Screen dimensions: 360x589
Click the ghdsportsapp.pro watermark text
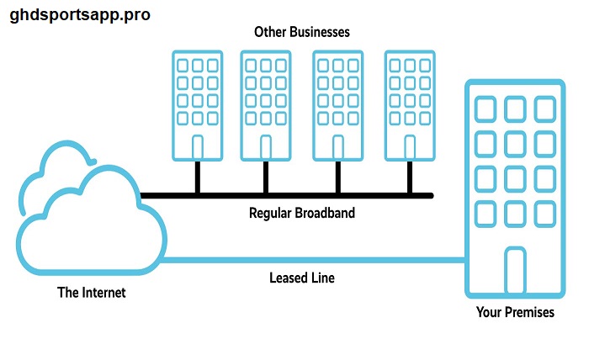(80, 15)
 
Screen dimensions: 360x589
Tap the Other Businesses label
(301, 32)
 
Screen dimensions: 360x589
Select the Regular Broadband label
(301, 213)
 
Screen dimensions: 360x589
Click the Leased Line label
(301, 278)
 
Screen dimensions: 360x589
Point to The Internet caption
(91, 294)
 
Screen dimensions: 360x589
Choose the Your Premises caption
(514, 313)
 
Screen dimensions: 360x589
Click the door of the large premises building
(514, 271)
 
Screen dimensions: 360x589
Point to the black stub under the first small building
(197, 177)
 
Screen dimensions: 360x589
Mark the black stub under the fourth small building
(410, 177)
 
